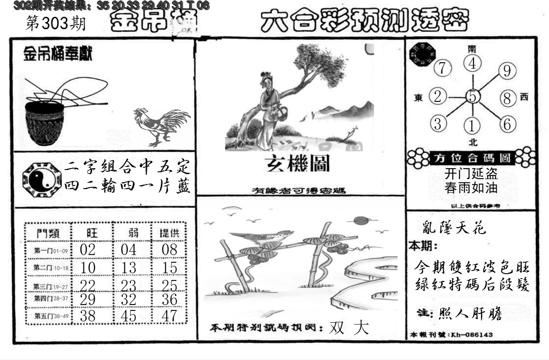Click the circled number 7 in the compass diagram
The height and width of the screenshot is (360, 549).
tap(443, 68)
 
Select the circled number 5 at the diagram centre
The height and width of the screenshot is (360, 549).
tap(473, 96)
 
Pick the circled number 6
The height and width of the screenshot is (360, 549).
tap(507, 124)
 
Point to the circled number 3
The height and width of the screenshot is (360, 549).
tap(438, 124)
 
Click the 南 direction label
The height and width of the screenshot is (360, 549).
tap(473, 48)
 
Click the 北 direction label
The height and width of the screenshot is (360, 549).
tap(473, 142)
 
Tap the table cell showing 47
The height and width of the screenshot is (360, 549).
tap(169, 316)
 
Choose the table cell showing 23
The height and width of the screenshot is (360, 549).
tap(129, 285)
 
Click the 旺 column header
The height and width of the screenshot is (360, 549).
tap(91, 233)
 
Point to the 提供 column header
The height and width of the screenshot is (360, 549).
tap(169, 233)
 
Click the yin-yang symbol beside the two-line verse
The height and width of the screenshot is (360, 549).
tap(41, 178)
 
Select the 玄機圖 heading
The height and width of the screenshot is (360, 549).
tap(298, 164)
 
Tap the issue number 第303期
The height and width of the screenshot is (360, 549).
tap(56, 24)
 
